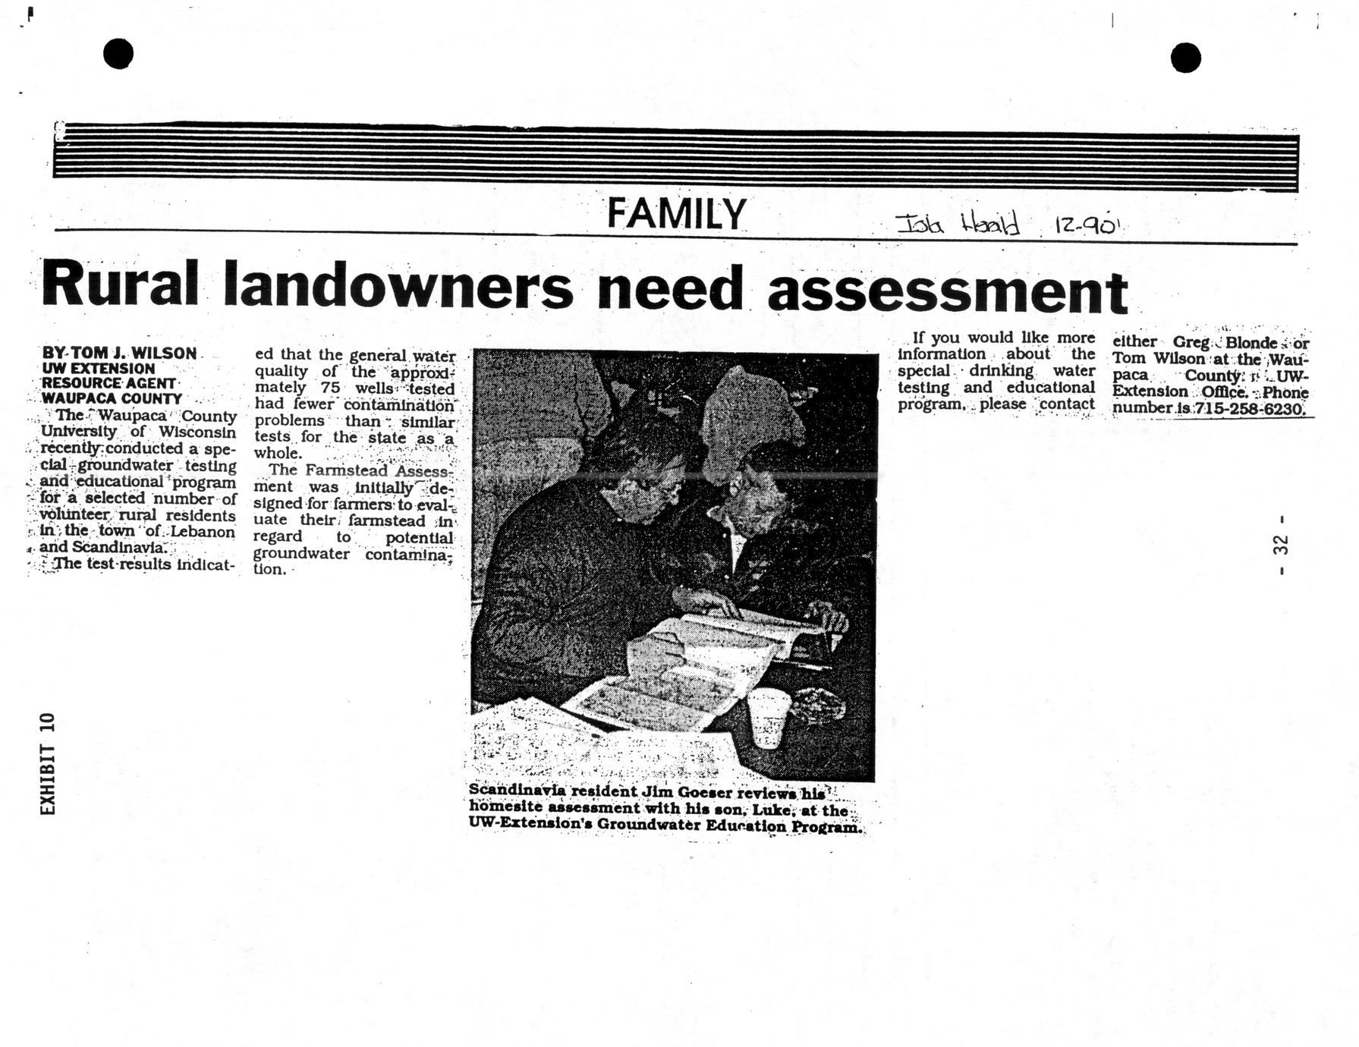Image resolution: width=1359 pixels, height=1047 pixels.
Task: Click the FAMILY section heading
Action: coord(676,213)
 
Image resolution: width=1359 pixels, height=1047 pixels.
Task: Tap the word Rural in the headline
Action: coord(120,285)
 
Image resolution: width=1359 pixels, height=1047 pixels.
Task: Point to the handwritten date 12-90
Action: coord(1086,225)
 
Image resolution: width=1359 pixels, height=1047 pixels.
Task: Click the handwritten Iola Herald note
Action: coord(957,225)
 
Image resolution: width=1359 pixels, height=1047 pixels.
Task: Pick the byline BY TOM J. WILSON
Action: coord(119,353)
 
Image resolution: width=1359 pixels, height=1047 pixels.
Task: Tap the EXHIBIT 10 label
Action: coord(48,764)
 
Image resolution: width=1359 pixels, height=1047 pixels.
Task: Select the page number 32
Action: coord(1281,545)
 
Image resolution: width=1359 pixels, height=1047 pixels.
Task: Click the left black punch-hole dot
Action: coord(118,54)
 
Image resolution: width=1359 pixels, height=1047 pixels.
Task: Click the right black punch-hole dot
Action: coord(1185,58)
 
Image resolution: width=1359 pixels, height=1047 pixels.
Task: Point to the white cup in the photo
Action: coord(769,716)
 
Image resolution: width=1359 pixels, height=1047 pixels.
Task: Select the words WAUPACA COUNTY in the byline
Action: coord(112,398)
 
